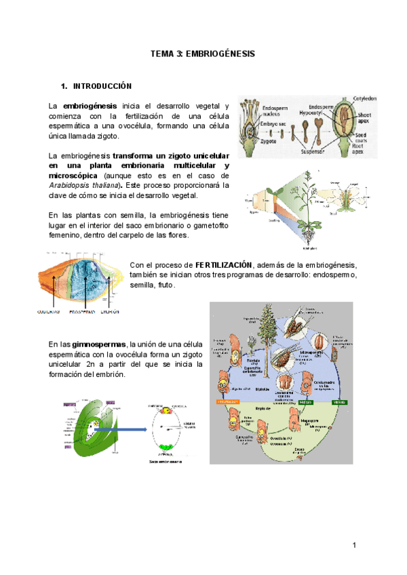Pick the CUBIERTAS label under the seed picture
click(48, 312)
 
